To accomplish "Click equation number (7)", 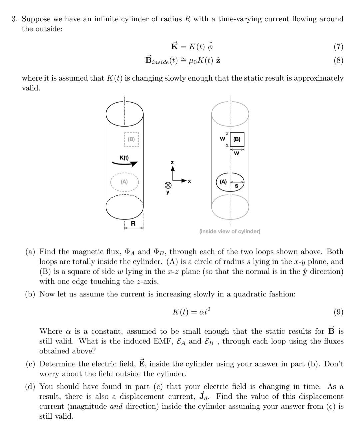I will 338,47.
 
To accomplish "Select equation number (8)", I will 338,60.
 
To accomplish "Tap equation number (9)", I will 338,312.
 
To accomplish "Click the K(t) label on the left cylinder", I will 124,158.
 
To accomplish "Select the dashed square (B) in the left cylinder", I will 132,139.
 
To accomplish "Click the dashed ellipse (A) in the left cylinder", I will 124,182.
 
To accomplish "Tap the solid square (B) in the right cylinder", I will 237,140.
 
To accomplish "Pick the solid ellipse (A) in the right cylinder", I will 230,182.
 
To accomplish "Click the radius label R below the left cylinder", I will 133,223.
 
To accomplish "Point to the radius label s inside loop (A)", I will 237,186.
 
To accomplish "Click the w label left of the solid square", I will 222,139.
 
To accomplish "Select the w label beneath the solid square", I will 236,153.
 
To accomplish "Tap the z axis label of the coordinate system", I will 172,162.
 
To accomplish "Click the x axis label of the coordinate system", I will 189,181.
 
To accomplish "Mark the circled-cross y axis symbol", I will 168,185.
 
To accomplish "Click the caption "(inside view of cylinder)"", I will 230,231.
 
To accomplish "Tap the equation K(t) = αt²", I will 191,312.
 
